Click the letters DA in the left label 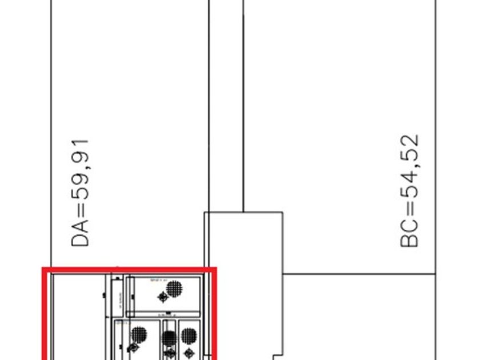[x=81, y=233]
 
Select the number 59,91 [x=81, y=170]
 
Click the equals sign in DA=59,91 [x=81, y=211]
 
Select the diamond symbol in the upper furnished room [x=163, y=297]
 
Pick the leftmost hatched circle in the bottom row [x=139, y=335]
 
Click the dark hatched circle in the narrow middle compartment [x=169, y=339]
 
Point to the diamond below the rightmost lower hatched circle [x=189, y=351]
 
